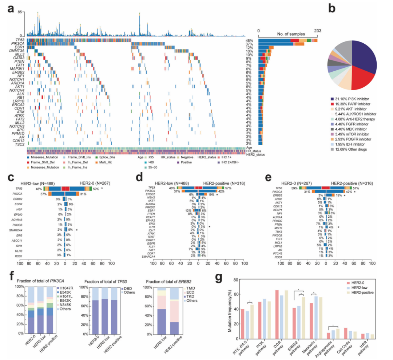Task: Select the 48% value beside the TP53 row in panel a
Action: coord(249,40)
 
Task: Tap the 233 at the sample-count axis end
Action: coord(317,31)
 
